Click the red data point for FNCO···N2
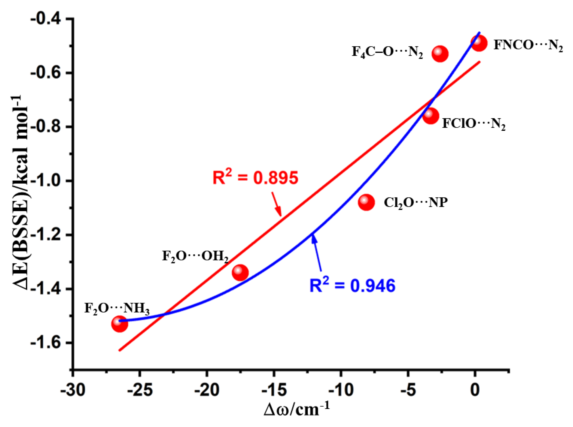coord(479,43)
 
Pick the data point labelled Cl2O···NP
coord(366,202)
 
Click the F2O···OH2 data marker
coord(240,273)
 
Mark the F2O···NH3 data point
coord(120,324)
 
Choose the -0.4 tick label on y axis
coord(49,19)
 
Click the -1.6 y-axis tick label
coord(49,343)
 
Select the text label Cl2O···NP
coord(415,203)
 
